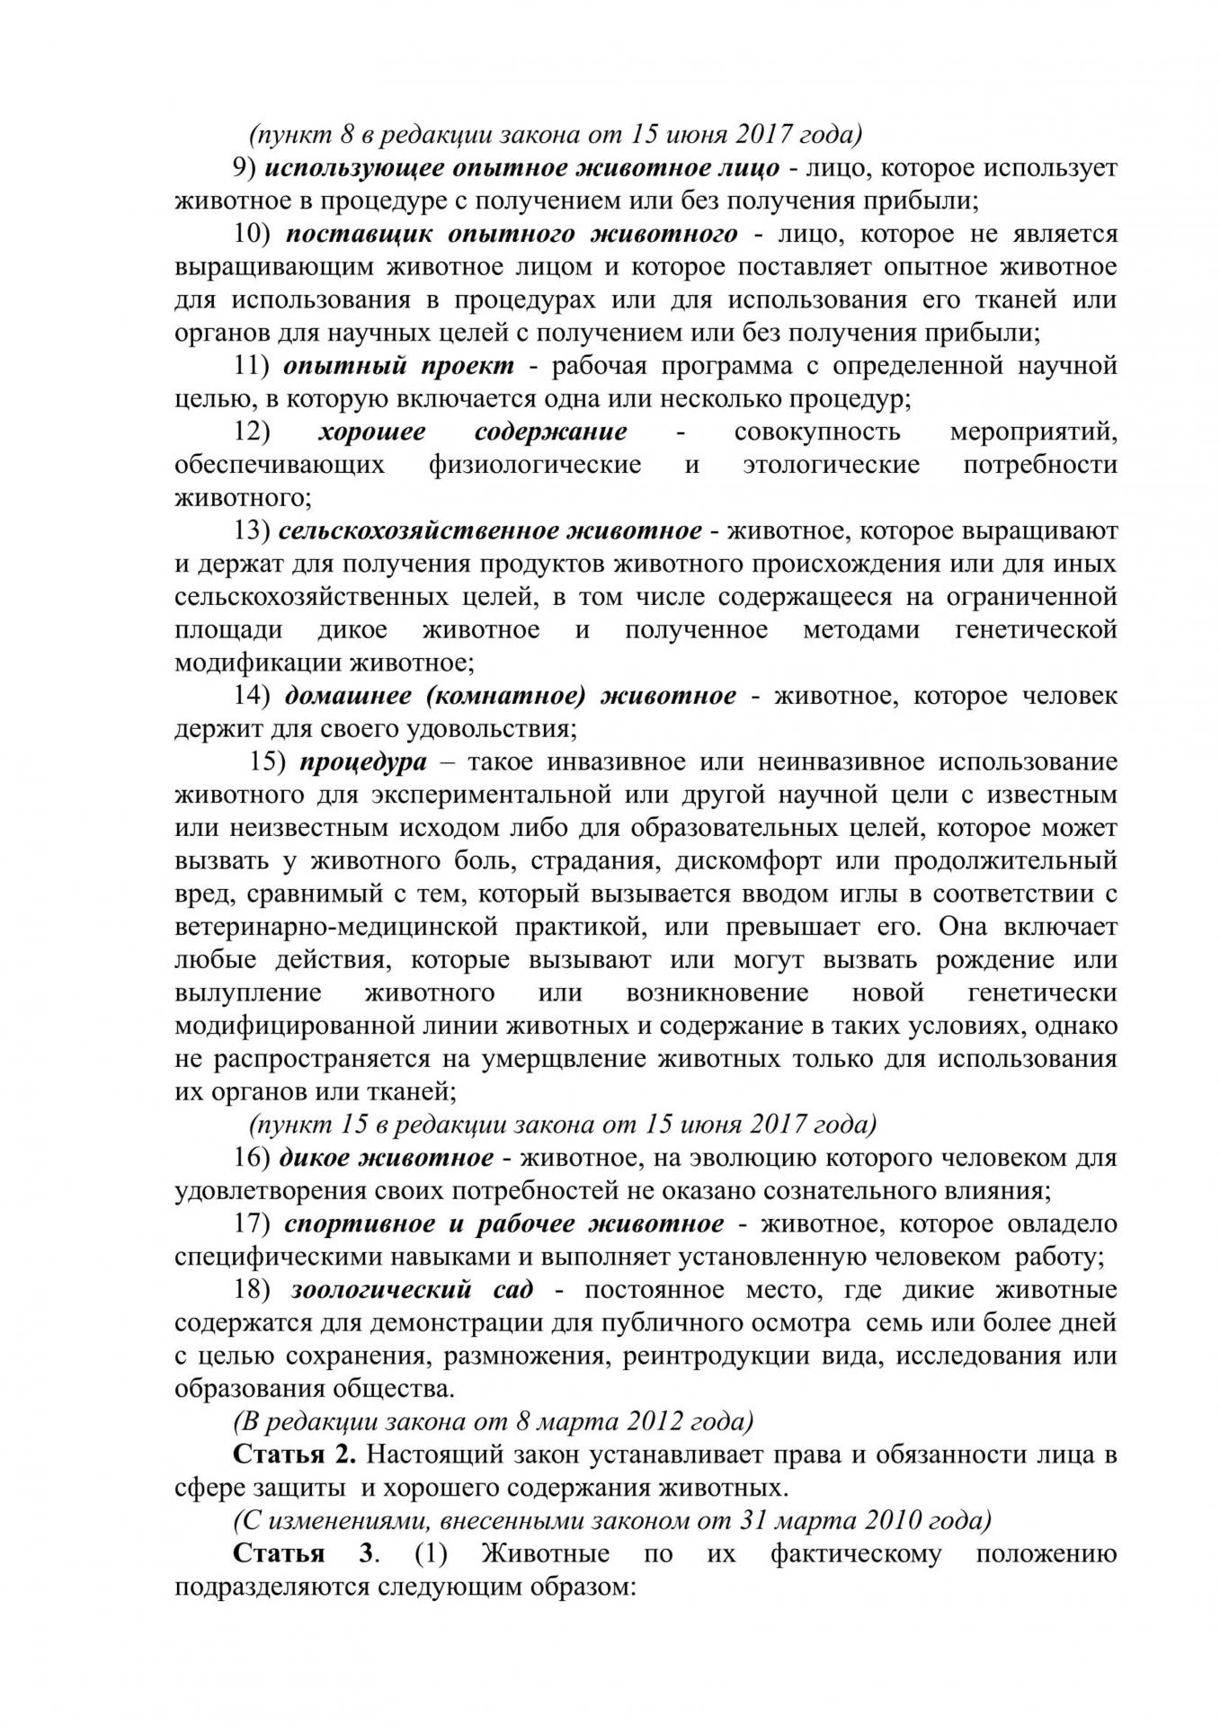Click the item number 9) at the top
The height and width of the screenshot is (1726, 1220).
pyautogui.click(x=245, y=168)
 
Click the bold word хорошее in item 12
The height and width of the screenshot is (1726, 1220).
pyautogui.click(x=372, y=431)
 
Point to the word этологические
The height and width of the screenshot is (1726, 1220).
pyautogui.click(x=831, y=465)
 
